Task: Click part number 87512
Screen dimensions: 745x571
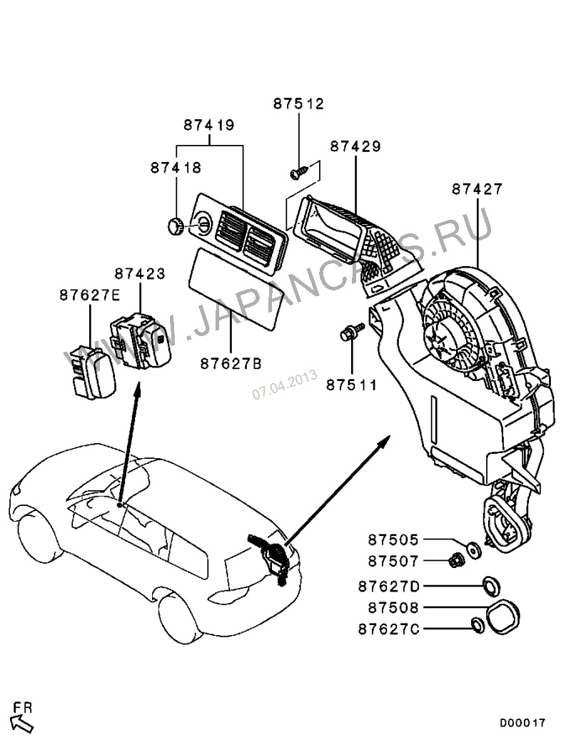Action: click(x=298, y=103)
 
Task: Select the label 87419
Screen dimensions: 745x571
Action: click(x=209, y=125)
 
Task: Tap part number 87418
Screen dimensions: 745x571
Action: click(x=176, y=168)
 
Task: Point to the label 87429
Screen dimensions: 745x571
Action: click(x=355, y=146)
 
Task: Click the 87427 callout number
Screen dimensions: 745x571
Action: click(x=477, y=189)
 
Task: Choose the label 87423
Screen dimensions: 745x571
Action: click(x=140, y=273)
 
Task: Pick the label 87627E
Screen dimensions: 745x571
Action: click(x=89, y=295)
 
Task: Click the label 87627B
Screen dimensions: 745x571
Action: click(x=231, y=363)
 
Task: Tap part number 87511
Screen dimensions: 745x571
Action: click(x=352, y=385)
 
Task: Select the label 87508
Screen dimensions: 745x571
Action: click(x=394, y=607)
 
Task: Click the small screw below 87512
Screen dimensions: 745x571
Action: click(x=298, y=172)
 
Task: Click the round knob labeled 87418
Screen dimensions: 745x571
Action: click(x=174, y=227)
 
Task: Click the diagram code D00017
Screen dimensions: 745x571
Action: click(x=522, y=723)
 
